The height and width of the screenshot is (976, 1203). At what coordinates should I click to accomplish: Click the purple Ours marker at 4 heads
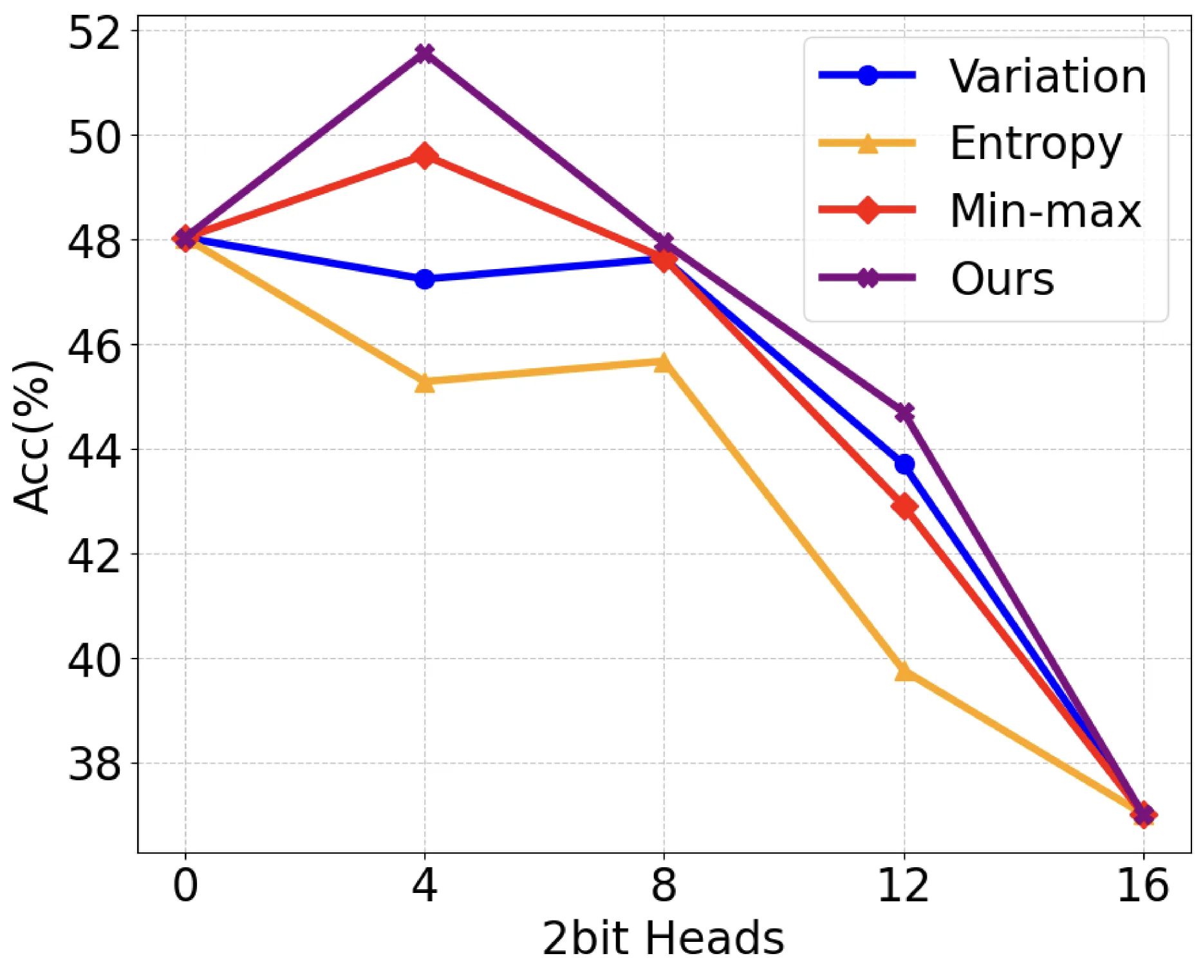pos(424,52)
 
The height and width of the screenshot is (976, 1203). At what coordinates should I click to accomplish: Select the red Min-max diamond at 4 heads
pos(424,155)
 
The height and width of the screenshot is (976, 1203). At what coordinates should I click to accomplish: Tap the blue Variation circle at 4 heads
pos(424,279)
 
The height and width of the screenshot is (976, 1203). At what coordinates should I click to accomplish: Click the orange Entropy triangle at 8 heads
pos(664,362)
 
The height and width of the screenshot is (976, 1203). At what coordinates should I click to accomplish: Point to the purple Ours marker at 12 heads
pos(904,412)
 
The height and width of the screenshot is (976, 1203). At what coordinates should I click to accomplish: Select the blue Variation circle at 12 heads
pos(904,464)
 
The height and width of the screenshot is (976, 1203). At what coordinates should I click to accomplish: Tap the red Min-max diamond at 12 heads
pos(904,507)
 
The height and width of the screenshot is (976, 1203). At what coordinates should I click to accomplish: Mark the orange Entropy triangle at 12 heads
pos(904,671)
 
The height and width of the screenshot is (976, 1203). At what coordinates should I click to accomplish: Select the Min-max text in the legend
pos(1045,211)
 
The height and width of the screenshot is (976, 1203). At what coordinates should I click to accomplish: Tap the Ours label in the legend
pos(1002,279)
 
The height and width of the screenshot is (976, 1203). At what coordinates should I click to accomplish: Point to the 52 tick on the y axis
pos(94,33)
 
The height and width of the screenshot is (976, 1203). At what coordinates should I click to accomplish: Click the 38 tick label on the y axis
pos(94,764)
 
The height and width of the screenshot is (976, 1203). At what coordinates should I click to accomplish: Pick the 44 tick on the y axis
pos(94,451)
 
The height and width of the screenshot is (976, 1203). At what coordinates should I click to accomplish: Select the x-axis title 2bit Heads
pos(664,939)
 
